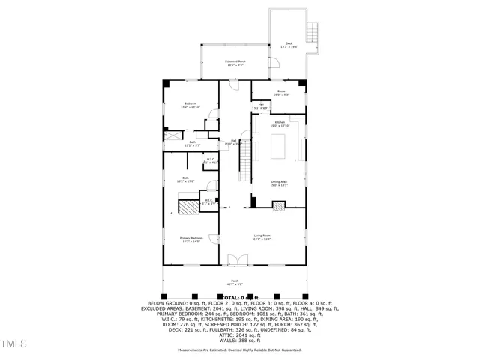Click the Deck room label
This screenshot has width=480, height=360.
click(x=289, y=45)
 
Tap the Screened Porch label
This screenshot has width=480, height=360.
click(x=236, y=63)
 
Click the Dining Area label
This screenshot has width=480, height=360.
click(x=280, y=183)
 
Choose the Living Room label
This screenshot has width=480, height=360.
click(x=262, y=237)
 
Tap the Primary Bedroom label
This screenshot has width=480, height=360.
click(x=190, y=239)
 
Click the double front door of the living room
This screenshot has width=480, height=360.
click(x=237, y=260)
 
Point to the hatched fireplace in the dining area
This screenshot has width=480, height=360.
click(x=280, y=205)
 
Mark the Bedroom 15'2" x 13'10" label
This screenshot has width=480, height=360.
click(x=190, y=106)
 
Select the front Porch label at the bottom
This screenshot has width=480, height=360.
click(x=236, y=283)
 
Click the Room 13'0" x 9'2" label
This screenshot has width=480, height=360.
click(x=280, y=94)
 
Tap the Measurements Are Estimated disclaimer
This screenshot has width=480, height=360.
click(x=240, y=349)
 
